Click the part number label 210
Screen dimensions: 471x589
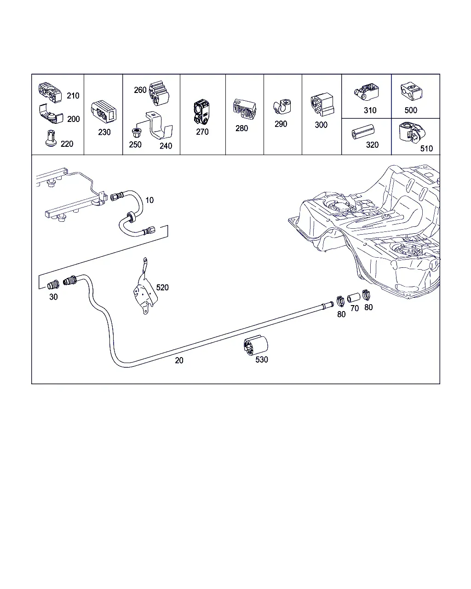[x=73, y=96]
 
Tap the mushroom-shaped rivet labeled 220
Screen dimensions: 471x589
[x=51, y=139]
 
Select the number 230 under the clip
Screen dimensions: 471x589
[x=104, y=132]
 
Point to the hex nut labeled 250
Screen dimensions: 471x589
[x=136, y=133]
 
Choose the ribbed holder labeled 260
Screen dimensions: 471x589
[x=159, y=93]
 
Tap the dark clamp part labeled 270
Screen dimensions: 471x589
[x=202, y=111]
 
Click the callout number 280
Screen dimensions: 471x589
[x=241, y=128]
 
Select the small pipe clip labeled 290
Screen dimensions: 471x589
[x=282, y=106]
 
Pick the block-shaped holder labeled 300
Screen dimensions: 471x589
[x=322, y=104]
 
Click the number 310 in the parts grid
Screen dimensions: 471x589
[x=370, y=110]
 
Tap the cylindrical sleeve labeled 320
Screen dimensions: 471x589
[x=363, y=132]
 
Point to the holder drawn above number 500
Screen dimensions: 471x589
[x=411, y=91]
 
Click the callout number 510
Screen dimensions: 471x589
[x=426, y=149]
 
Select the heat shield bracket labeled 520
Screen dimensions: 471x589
[x=145, y=286]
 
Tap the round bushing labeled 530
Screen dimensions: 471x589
[x=256, y=346]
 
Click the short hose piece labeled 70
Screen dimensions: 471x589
[x=354, y=298]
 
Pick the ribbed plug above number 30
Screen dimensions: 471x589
[x=53, y=285]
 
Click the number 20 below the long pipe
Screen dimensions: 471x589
[x=179, y=360]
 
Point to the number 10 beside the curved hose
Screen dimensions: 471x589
[x=149, y=200]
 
